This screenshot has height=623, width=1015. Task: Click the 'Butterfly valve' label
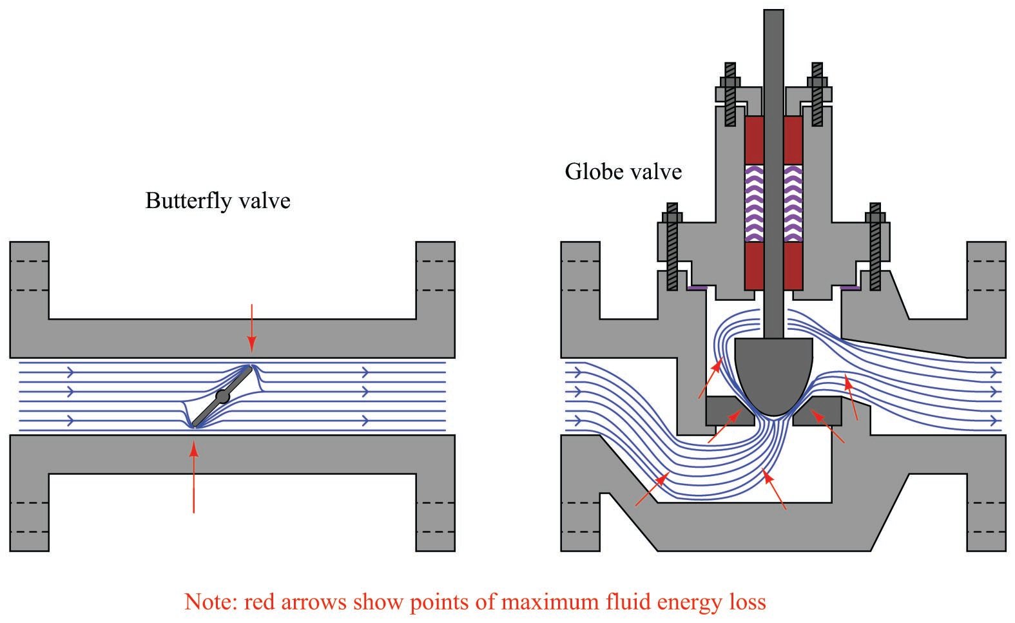click(218, 201)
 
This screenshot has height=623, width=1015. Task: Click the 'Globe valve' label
click(623, 172)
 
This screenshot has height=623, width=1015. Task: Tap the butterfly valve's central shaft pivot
click(222, 397)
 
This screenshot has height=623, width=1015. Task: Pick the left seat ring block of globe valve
click(730, 412)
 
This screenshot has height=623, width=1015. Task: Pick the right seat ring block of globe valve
click(817, 412)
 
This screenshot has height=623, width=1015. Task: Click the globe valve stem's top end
click(773, 14)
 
